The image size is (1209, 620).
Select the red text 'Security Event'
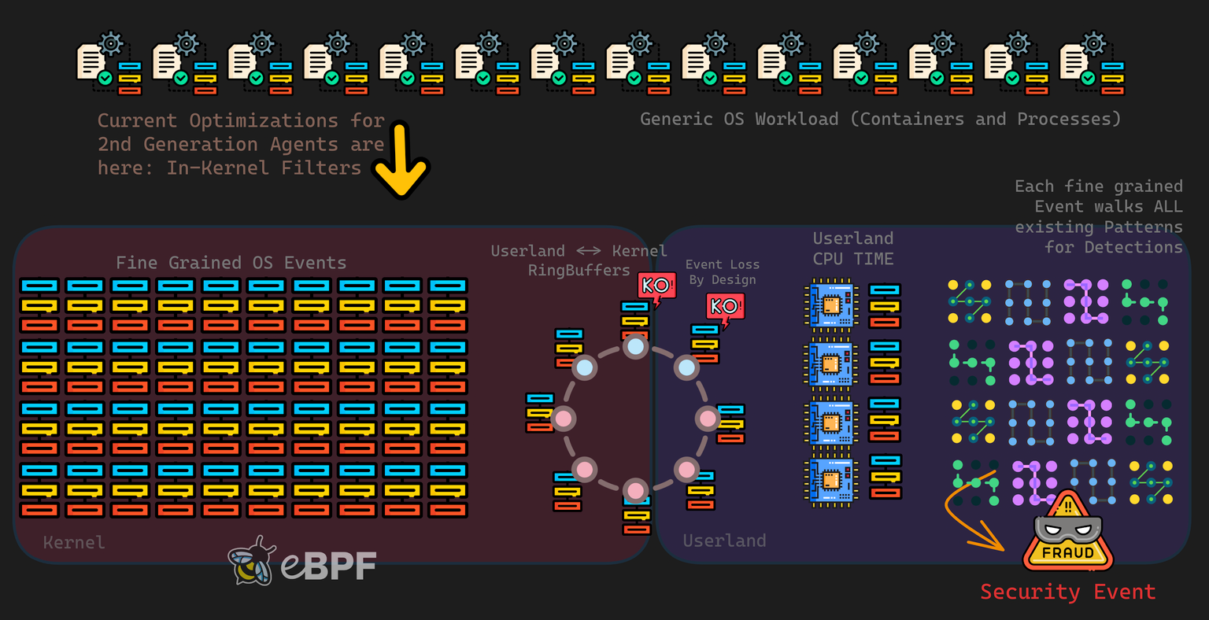[1067, 592]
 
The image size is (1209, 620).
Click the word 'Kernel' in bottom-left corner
[73, 542]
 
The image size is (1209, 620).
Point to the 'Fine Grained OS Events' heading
[231, 263]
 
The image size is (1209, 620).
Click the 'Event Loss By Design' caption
[722, 272]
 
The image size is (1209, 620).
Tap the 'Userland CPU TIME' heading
[852, 249]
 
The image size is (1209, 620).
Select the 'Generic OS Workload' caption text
[879, 119]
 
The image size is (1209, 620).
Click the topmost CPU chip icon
[829, 305]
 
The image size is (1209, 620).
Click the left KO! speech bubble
[656, 286]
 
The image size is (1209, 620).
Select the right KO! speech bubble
[724, 307]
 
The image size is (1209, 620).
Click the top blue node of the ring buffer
[635, 346]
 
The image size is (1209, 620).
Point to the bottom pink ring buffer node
[635, 489]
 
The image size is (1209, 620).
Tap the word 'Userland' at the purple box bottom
[724, 541]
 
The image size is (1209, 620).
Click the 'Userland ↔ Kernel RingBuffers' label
[579, 260]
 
